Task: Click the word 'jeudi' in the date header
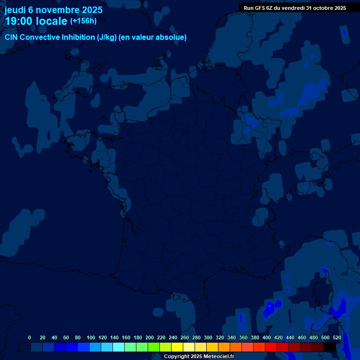[x=15, y=10]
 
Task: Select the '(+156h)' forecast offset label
[x=83, y=21]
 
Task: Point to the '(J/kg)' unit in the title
[x=107, y=37]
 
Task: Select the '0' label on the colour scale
[x=30, y=337]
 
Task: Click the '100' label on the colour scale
[x=91, y=337]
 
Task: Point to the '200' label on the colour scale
[x=150, y=337]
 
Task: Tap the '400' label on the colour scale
[x=267, y=337]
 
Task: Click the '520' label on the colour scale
[x=337, y=337]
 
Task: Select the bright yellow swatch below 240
[x=177, y=347]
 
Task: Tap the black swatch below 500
[x=330, y=347]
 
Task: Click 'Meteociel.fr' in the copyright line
[x=218, y=357]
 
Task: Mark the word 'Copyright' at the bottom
[x=176, y=357]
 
